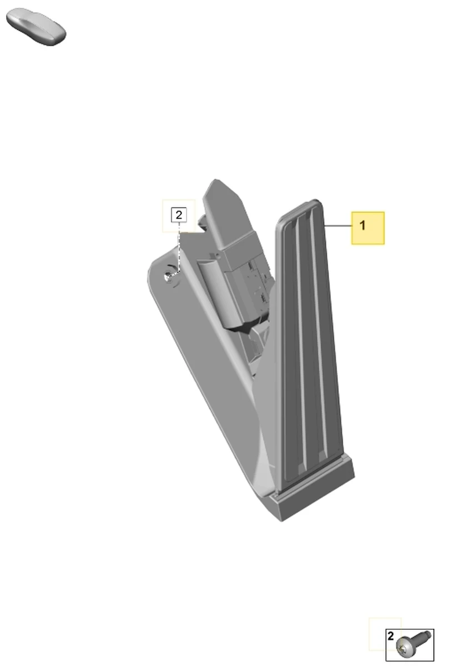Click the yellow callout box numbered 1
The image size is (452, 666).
[368, 228]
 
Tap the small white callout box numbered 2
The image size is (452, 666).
[179, 215]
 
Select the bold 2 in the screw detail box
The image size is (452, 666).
[390, 636]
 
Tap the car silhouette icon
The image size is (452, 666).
[36, 27]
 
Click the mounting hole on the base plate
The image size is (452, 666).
[167, 277]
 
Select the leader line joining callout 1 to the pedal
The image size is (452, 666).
[338, 226]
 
